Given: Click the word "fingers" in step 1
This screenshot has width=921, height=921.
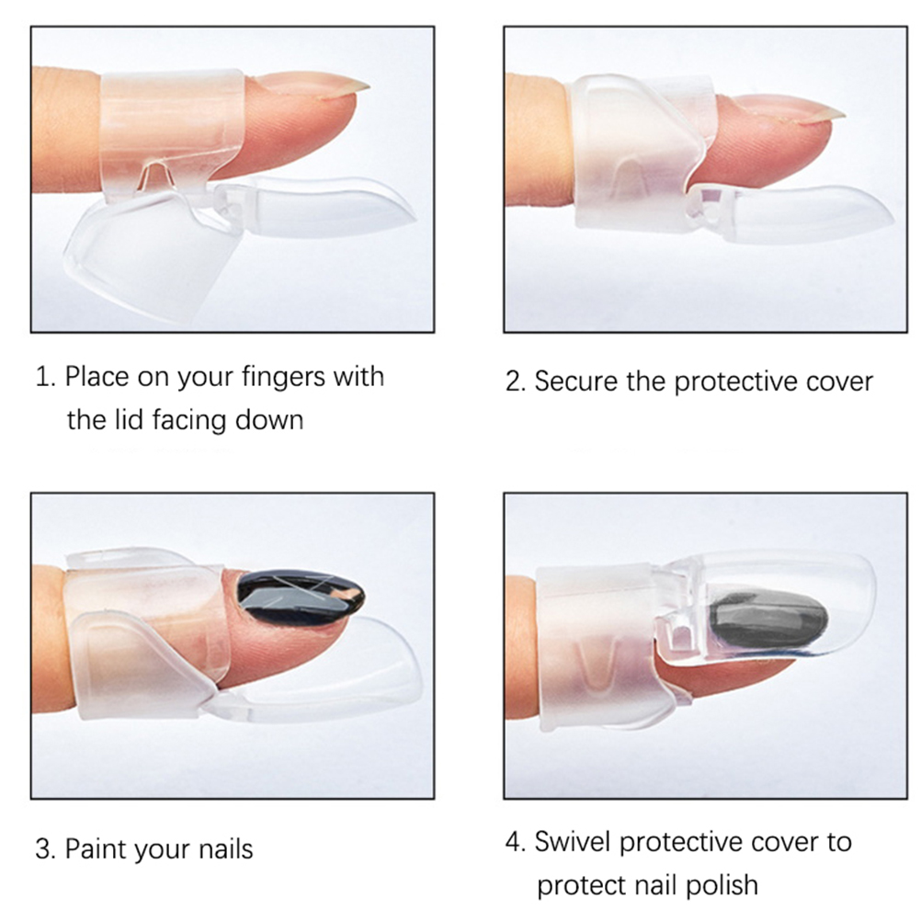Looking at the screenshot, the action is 284,377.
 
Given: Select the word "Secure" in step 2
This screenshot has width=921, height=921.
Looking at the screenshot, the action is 575,381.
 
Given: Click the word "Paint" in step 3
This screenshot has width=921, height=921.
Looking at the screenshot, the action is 94,848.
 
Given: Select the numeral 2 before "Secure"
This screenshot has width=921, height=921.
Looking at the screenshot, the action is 515,381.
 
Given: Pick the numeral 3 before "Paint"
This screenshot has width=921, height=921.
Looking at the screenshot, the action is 45,849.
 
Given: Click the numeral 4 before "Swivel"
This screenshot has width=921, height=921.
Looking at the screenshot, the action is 515,842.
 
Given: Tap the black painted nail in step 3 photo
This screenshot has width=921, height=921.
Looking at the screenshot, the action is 301,596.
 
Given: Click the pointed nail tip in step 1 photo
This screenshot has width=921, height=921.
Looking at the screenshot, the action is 365,88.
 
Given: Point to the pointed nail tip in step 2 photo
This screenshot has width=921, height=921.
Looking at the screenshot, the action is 840,115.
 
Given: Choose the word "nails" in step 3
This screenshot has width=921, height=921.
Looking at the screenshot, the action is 225,848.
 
